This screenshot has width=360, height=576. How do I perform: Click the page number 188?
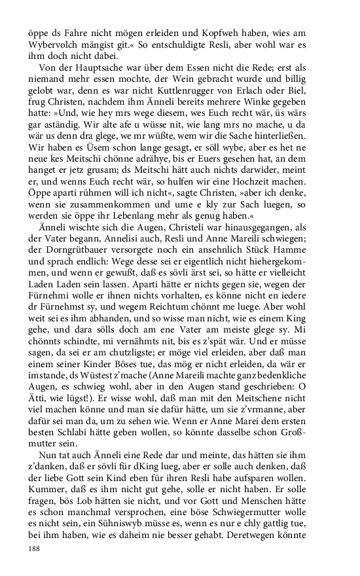[36, 549]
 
